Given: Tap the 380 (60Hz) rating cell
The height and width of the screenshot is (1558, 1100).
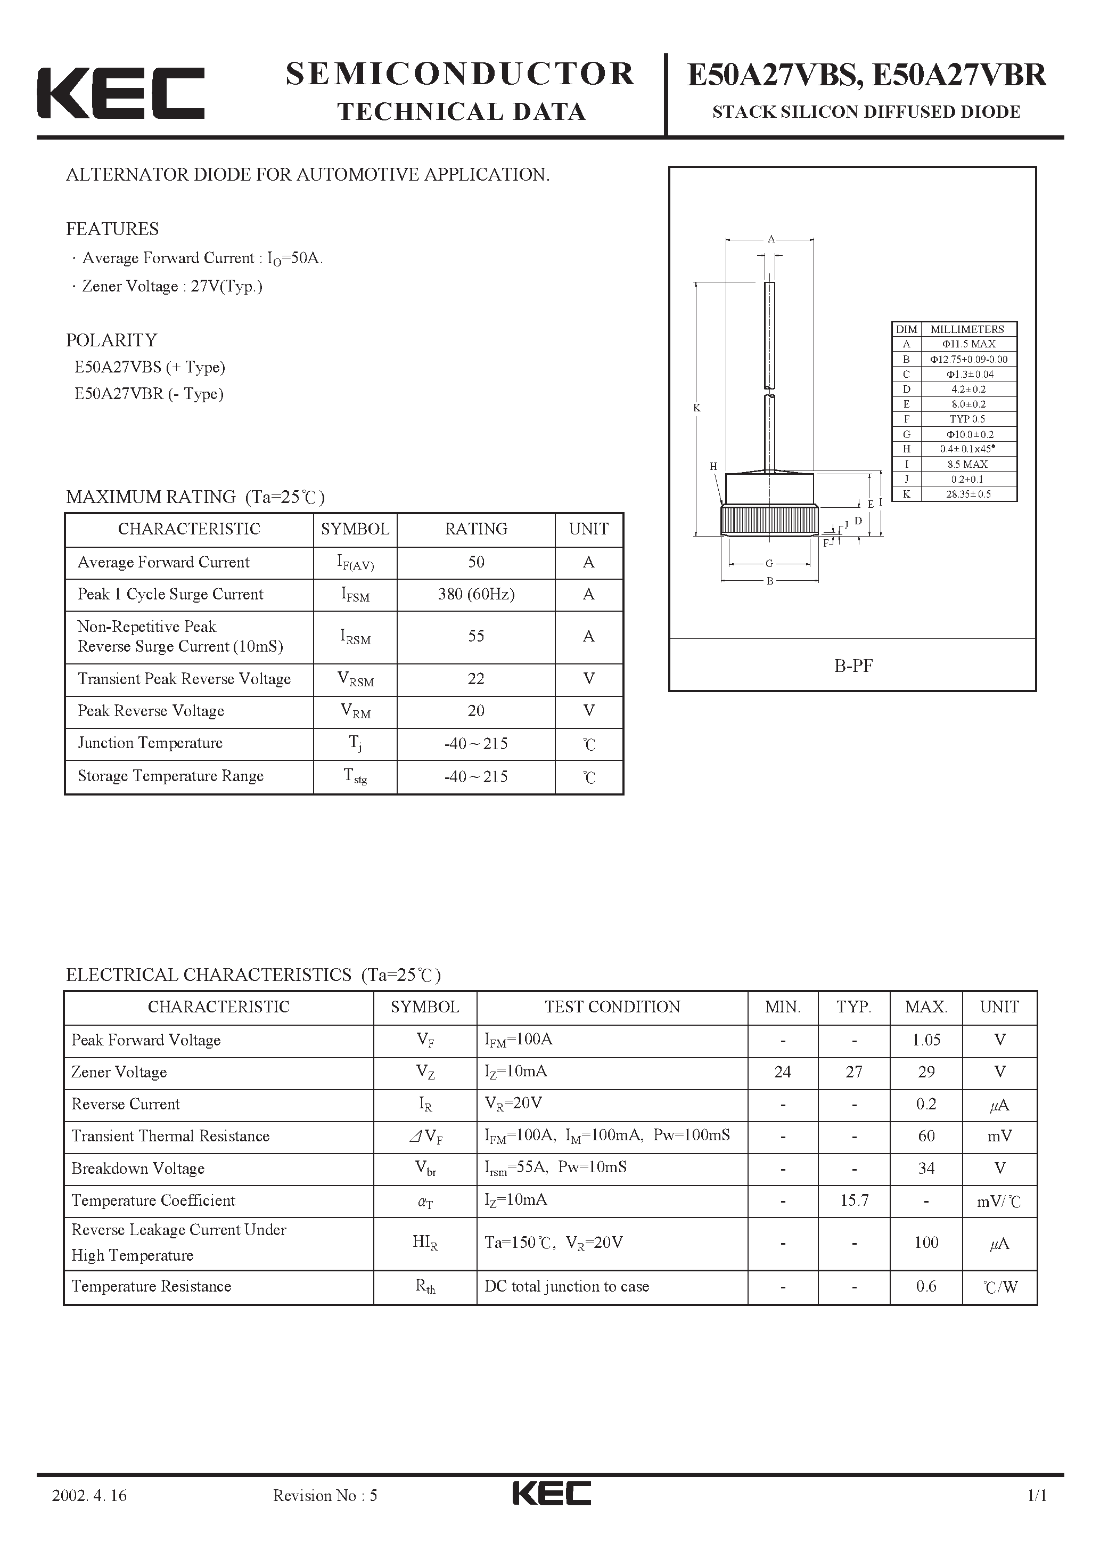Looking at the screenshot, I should pos(476,595).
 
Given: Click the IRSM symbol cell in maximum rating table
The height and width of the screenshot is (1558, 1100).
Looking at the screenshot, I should pos(355,637).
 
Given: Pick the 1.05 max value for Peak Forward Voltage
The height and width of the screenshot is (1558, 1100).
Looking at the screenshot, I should pos(926,1040).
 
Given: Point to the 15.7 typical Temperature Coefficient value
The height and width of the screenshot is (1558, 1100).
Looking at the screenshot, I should pos(854,1200).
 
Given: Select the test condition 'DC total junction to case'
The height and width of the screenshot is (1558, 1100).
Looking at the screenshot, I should pos(567,1287).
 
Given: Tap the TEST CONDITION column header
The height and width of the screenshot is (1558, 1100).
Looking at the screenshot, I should pos(612,1007).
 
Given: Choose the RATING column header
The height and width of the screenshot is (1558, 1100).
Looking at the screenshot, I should pos(476,529).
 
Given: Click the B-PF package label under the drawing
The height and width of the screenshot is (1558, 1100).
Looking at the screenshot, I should pos(852,666).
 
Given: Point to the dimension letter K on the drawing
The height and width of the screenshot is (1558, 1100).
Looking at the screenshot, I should pos(696,408).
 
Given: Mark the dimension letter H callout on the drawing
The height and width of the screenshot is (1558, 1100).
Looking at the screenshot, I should pos(713,466).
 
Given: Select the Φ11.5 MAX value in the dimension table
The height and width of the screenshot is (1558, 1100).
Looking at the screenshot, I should pos(968,344).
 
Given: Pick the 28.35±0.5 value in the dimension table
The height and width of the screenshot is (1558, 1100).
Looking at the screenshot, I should pos(968,494).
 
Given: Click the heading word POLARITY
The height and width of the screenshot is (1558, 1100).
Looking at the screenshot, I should pos(111,340).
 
